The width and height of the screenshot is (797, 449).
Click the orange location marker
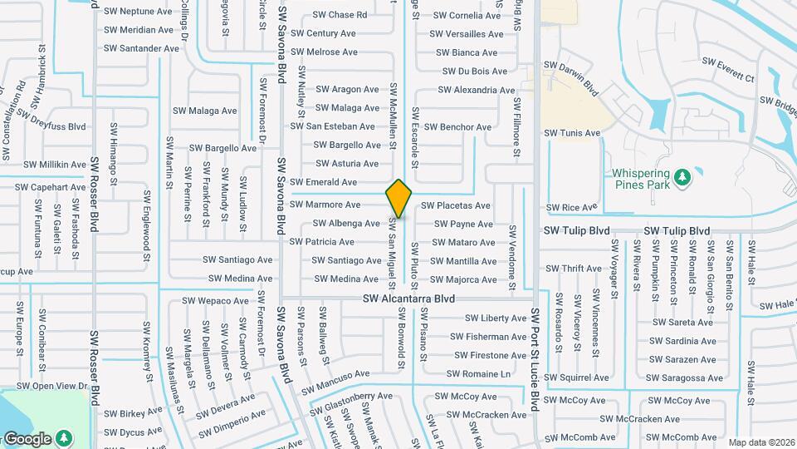[399, 198]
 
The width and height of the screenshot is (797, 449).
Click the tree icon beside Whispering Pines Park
[682, 177]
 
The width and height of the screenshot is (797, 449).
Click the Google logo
[27, 438]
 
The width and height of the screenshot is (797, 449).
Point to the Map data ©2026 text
[761, 442]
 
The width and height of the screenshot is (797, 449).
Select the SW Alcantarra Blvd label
[408, 298]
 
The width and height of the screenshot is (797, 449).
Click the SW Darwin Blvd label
[571, 76]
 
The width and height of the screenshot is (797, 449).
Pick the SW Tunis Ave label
[571, 133]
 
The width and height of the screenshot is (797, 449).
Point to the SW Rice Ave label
[572, 207]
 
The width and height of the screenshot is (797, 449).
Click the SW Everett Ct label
[728, 69]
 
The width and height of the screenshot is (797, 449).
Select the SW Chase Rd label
[340, 15]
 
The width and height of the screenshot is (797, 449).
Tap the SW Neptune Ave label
[138, 11]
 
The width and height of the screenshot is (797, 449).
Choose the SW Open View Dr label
[51, 386]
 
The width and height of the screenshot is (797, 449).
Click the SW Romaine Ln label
[478, 374]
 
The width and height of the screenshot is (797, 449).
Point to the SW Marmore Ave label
[325, 205]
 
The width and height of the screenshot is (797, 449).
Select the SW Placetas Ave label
[455, 205]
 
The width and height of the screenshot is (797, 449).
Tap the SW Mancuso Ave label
[335, 382]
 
